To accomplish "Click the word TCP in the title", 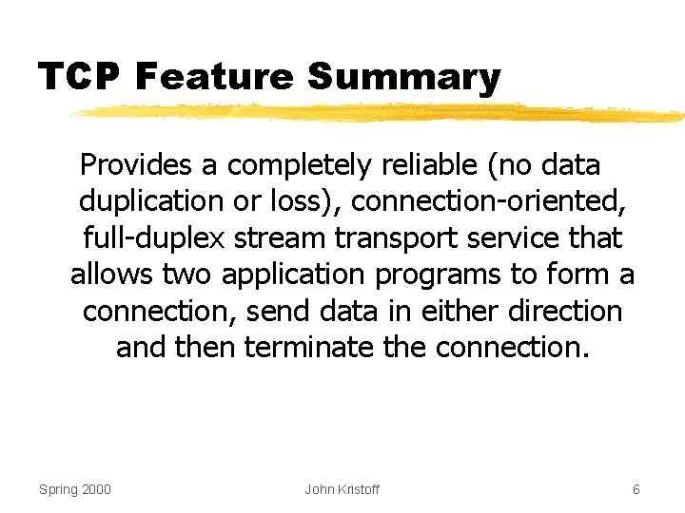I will pyautogui.click(x=79, y=76).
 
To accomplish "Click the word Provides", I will pyautogui.click(x=137, y=165).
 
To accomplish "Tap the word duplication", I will pyautogui.click(x=149, y=201).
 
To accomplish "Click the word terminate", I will pyautogui.click(x=309, y=347).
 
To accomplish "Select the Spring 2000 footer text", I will pyautogui.click(x=75, y=489).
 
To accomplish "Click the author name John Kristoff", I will pyautogui.click(x=342, y=489).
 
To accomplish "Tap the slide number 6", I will pyautogui.click(x=636, y=489).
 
